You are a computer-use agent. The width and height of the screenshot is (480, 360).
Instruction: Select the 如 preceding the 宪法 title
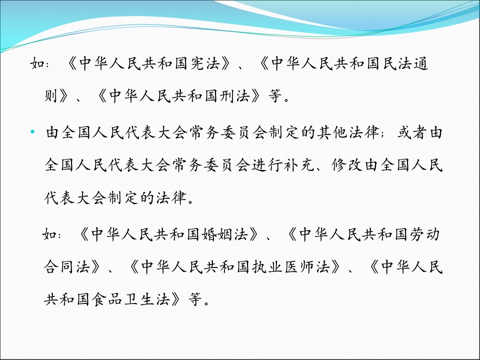pos(37,65)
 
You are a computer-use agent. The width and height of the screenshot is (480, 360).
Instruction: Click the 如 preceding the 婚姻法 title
pos(50,234)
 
